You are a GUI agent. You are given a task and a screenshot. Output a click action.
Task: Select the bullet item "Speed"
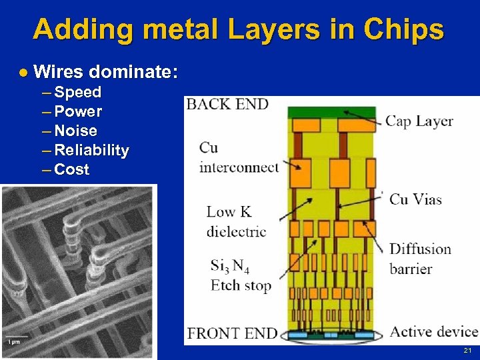click(x=77, y=92)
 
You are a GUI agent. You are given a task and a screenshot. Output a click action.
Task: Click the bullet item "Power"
click(x=78, y=111)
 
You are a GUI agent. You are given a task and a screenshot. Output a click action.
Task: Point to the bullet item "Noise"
click(x=75, y=131)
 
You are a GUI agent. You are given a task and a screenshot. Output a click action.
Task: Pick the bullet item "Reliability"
click(x=91, y=150)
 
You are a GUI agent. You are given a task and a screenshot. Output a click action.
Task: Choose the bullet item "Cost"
click(x=71, y=169)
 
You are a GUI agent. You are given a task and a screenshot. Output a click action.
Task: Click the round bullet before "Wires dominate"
click(x=23, y=71)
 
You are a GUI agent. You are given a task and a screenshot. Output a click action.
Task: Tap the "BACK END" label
click(x=227, y=104)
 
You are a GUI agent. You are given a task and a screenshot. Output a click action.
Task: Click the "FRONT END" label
click(x=232, y=332)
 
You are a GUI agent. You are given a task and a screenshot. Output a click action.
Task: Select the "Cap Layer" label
click(x=419, y=121)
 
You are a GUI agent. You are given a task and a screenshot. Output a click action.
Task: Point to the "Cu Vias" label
click(x=415, y=199)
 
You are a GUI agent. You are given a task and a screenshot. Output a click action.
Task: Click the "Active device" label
click(x=433, y=331)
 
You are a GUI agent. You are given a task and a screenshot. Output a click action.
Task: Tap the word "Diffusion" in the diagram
click(x=420, y=249)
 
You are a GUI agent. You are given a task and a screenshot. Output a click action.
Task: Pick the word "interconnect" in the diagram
click(x=239, y=167)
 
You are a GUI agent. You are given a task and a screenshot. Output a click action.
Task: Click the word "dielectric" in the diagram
click(x=236, y=231)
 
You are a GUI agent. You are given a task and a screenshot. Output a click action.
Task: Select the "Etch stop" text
click(x=241, y=285)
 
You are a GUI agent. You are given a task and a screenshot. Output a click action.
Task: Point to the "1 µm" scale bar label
click(x=13, y=341)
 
